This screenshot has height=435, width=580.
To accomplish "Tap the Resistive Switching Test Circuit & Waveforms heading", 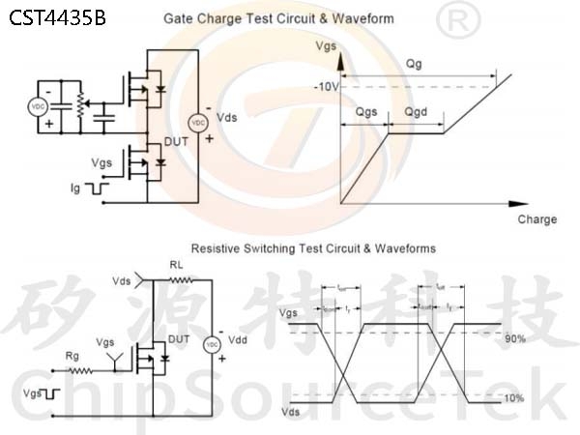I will pyautogui.click(x=313, y=248).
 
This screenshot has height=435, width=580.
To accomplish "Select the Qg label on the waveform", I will pyautogui.click(x=414, y=63).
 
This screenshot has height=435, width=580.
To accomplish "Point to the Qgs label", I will pyautogui.click(x=366, y=112).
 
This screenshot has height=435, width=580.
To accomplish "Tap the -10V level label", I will pyautogui.click(x=327, y=87).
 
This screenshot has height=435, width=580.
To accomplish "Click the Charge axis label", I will pyautogui.click(x=536, y=219).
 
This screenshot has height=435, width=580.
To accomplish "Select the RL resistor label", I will pyautogui.click(x=176, y=265).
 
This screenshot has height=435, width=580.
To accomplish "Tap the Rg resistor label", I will pyautogui.click(x=72, y=356).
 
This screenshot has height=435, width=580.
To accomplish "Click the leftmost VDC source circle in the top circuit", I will pyautogui.click(x=39, y=106).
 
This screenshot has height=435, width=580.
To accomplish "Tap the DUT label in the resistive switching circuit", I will pyautogui.click(x=178, y=339).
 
